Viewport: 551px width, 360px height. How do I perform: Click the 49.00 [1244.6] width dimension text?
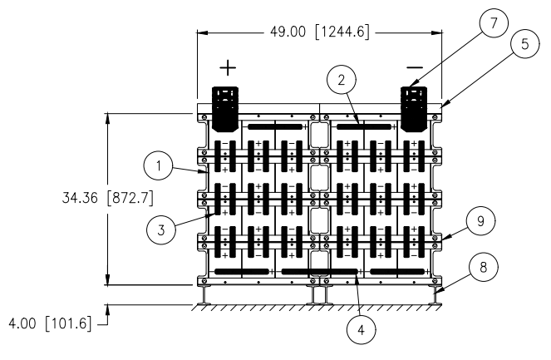(x=320, y=32)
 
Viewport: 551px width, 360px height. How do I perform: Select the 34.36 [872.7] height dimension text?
(x=108, y=198)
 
